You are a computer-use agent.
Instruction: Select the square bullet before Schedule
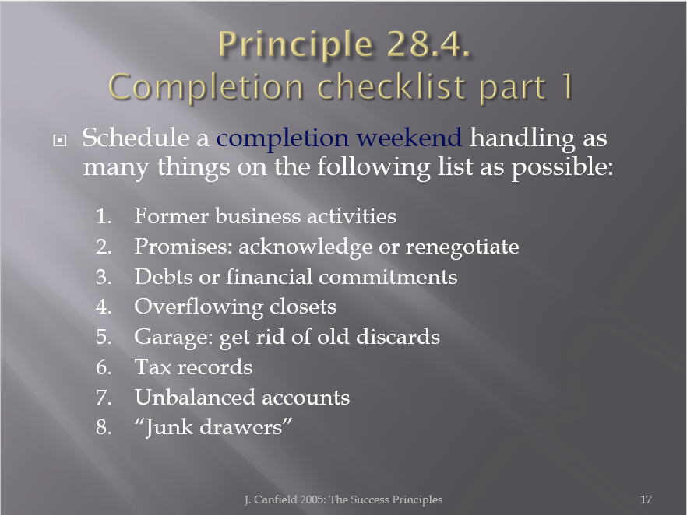pyautogui.click(x=59, y=140)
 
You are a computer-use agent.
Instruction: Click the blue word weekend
pyautogui.click(x=409, y=138)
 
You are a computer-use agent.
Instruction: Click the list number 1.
pyautogui.click(x=104, y=216)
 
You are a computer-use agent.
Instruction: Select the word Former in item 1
pyautogui.click(x=171, y=216)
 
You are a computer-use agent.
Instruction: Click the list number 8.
pyautogui.click(x=104, y=428)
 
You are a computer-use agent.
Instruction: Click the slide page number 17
pyautogui.click(x=646, y=499)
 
